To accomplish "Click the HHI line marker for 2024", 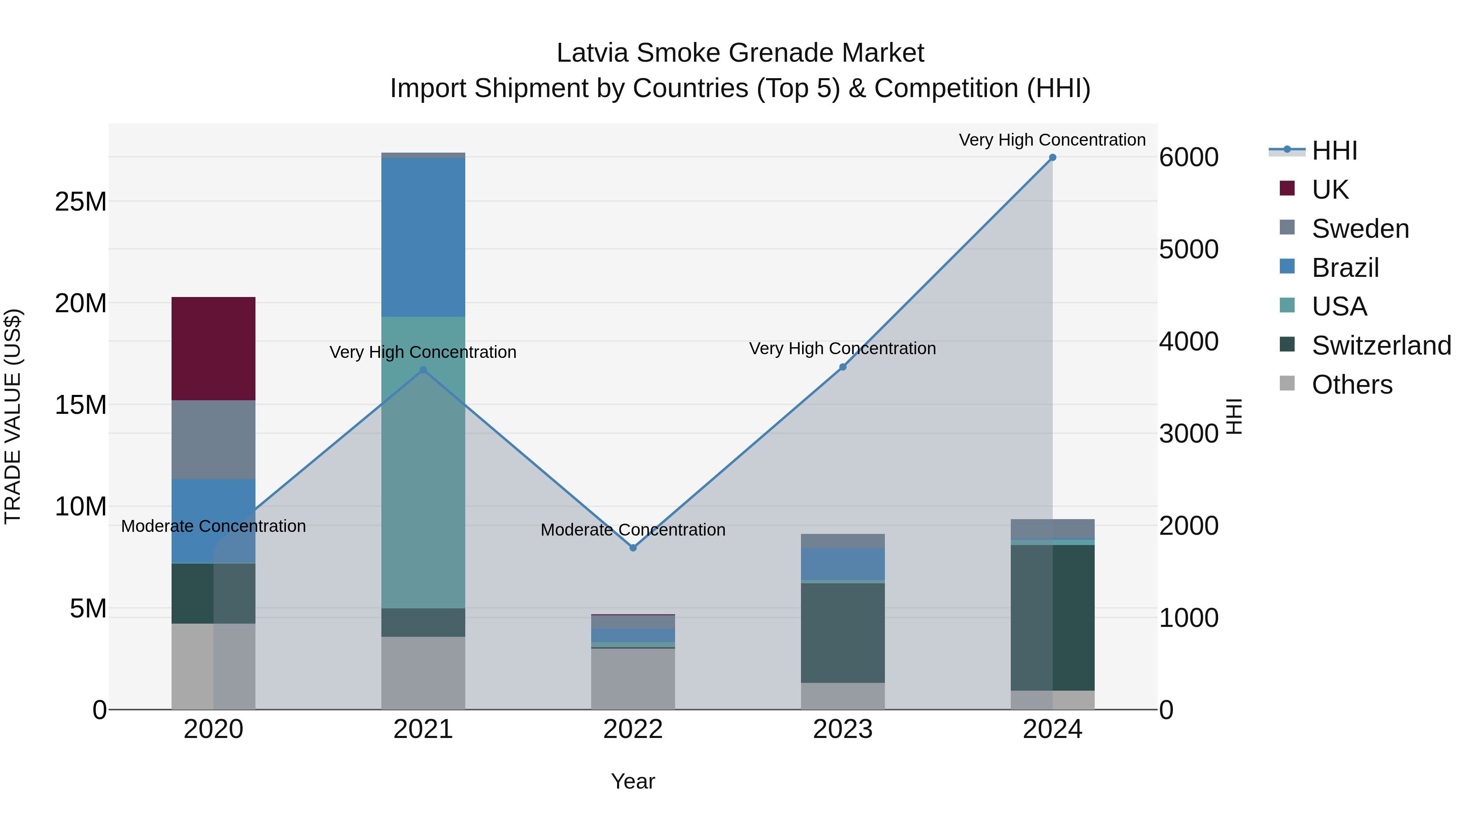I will [1052, 158].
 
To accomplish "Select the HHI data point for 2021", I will [423, 370].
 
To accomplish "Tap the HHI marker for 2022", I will [633, 548].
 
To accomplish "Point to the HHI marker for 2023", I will [843, 367].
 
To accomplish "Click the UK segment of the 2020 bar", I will [213, 348].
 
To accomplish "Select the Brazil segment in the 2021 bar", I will [423, 237].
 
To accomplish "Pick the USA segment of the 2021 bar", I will [423, 462].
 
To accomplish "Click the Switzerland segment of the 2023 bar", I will [843, 632].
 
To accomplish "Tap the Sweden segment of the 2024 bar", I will [1052, 528].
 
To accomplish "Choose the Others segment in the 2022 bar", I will [633, 678].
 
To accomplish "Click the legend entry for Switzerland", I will [1381, 346].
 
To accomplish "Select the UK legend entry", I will [1330, 190].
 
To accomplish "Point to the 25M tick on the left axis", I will [81, 202].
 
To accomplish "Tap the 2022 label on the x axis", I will [633, 729].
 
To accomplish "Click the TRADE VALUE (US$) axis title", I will [13, 416].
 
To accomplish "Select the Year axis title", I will [633, 781].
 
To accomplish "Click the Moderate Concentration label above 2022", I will [633, 529].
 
